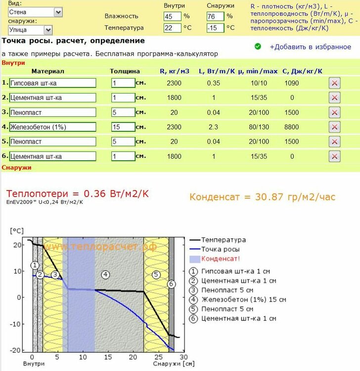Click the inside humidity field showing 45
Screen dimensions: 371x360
click(173, 16)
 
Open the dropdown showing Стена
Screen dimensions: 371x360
click(35, 12)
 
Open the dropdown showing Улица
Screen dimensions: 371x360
click(30, 30)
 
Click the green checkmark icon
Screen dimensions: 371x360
click(258, 46)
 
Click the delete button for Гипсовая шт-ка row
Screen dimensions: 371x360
click(334, 83)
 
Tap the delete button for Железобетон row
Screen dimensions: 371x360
click(334, 127)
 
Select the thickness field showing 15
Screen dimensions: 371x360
click(123, 127)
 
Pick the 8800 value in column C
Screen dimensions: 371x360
click(292, 127)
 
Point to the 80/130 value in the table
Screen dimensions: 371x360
click(259, 127)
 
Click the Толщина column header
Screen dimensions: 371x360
click(125, 71)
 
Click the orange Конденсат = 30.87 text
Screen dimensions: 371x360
click(262, 197)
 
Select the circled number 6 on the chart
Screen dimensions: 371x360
click(172, 284)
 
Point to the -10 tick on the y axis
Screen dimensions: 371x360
click(17, 324)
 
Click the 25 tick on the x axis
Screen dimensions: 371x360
click(158, 357)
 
